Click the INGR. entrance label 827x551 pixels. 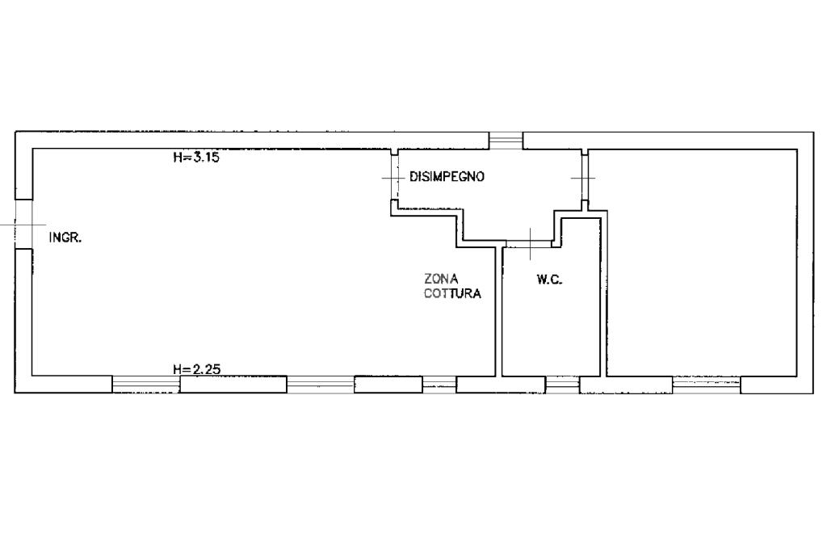(66, 238)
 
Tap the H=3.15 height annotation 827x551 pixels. (196, 158)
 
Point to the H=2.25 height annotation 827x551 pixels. (196, 370)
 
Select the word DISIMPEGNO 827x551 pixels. (447, 177)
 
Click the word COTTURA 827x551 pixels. (452, 294)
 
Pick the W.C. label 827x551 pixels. (549, 280)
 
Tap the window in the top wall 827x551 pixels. (506, 141)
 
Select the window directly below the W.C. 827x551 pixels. (562, 385)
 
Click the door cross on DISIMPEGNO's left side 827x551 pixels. (393, 177)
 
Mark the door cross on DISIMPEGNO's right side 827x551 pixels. (583, 177)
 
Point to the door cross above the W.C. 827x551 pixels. (529, 242)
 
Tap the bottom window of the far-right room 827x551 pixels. (706, 385)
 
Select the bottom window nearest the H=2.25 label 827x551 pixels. (145, 385)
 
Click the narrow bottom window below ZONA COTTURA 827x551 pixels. (439, 385)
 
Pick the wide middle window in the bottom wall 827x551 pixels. (320, 385)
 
